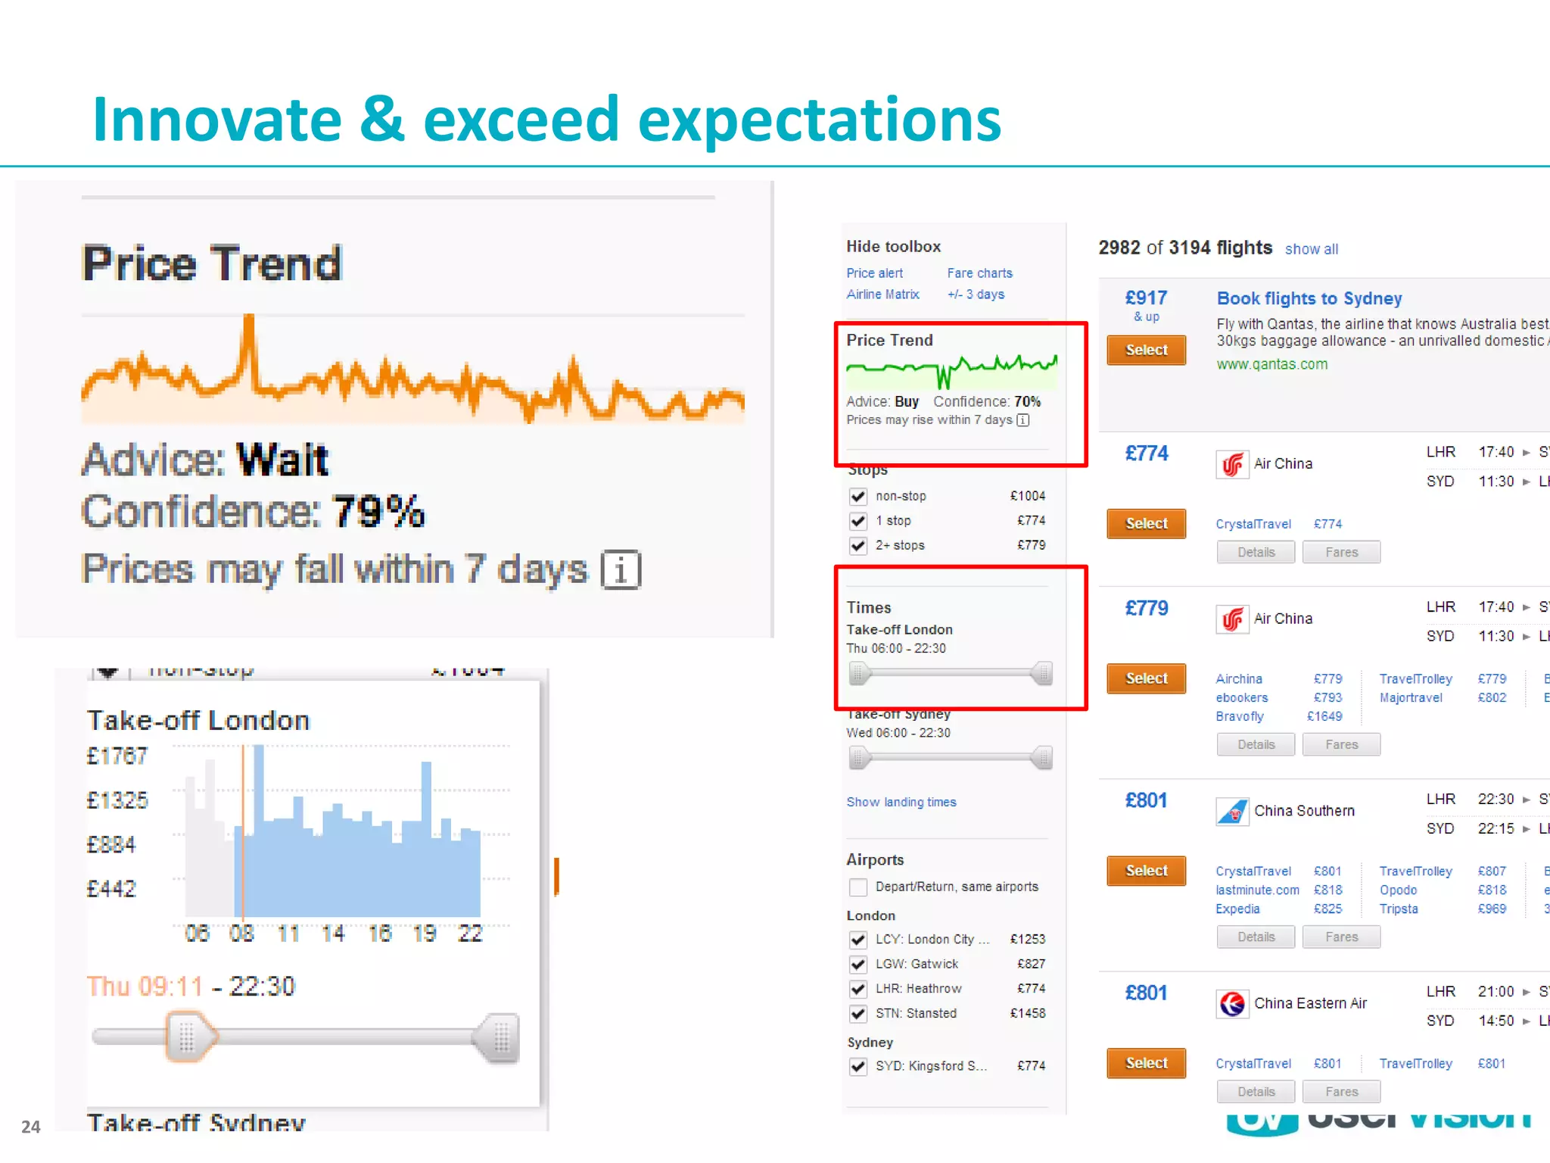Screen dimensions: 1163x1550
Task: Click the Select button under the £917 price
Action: [x=1146, y=350]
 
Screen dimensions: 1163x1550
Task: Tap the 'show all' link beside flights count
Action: [x=1311, y=249]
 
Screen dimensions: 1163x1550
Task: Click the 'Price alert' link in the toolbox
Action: [x=874, y=273]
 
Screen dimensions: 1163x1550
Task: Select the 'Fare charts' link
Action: [x=979, y=273]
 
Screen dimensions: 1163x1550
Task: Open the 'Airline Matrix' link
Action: [x=882, y=295]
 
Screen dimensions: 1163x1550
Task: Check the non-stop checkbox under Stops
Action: [x=857, y=497]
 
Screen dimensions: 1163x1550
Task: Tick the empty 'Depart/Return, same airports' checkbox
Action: [x=857, y=887]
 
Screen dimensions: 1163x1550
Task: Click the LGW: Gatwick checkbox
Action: [x=857, y=964]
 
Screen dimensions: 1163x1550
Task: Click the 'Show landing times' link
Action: [x=901, y=802]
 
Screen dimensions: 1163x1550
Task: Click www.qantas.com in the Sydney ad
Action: [x=1271, y=364]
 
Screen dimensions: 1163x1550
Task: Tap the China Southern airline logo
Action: [x=1232, y=812]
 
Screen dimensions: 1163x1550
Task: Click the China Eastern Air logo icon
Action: [x=1232, y=1004]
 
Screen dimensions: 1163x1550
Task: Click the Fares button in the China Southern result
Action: [x=1341, y=937]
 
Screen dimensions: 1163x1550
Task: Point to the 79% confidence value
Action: [x=378, y=512]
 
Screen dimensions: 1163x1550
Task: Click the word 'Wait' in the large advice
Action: [x=282, y=460]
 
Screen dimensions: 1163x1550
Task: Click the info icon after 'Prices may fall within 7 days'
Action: [x=621, y=570]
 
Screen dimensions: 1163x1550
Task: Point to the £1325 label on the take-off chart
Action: [x=117, y=800]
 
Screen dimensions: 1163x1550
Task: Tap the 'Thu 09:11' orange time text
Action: [x=145, y=987]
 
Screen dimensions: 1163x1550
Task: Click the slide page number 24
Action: [x=30, y=1127]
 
